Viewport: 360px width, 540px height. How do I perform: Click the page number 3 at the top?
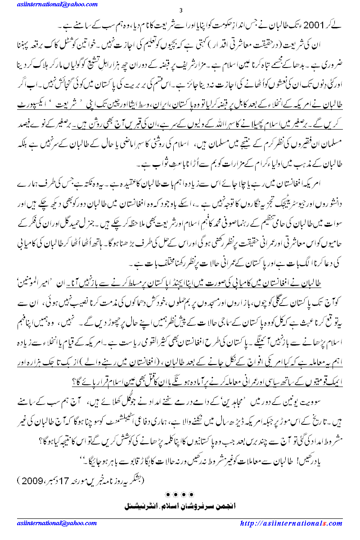(180, 10)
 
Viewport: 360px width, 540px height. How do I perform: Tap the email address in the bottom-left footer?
(44, 523)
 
